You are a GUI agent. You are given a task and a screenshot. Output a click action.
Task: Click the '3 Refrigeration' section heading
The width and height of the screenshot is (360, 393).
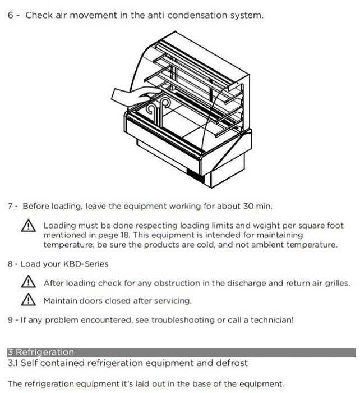tap(40, 353)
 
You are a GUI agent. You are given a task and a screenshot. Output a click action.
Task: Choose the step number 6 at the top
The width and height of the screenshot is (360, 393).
tap(11, 15)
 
